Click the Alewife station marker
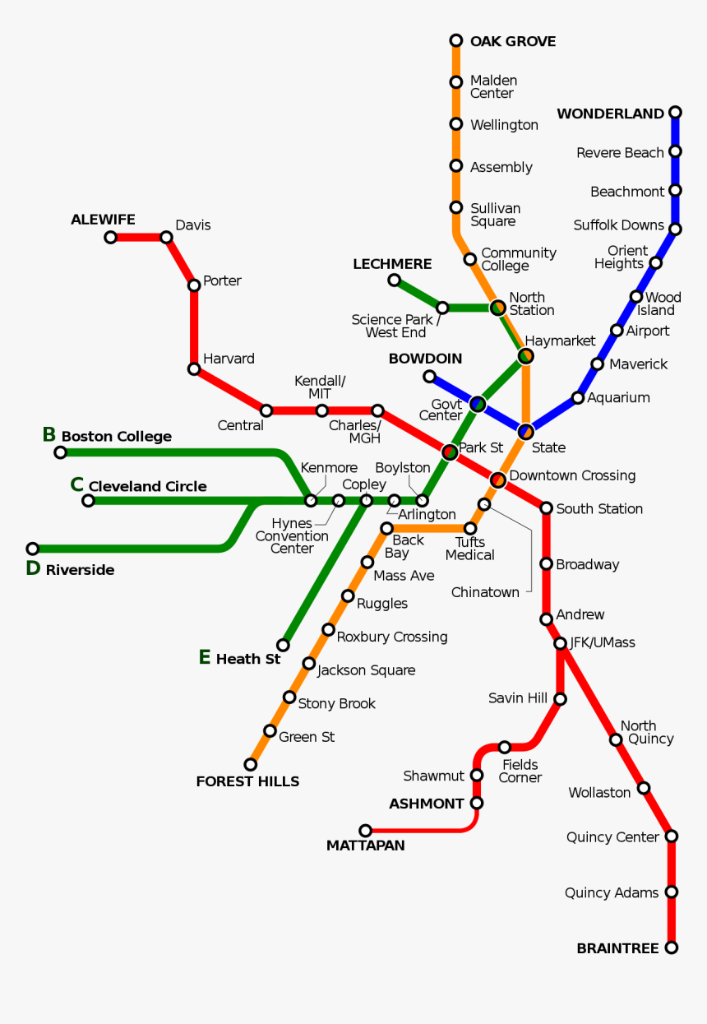click(111, 237)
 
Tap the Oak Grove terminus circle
click(456, 40)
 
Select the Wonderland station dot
click(675, 113)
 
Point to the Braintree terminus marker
click(672, 948)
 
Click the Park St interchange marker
click(450, 452)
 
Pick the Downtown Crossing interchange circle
click(497, 480)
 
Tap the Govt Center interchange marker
click(478, 404)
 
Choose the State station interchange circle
click(526, 431)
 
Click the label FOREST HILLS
click(247, 781)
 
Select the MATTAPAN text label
click(365, 846)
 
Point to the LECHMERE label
click(392, 264)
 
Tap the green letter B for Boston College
click(49, 434)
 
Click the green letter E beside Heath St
click(205, 657)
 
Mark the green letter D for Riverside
click(33, 568)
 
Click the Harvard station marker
click(194, 368)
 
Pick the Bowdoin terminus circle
click(429, 377)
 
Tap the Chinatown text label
click(485, 592)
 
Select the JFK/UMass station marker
click(560, 643)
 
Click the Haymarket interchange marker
click(525, 356)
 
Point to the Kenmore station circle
click(311, 500)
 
